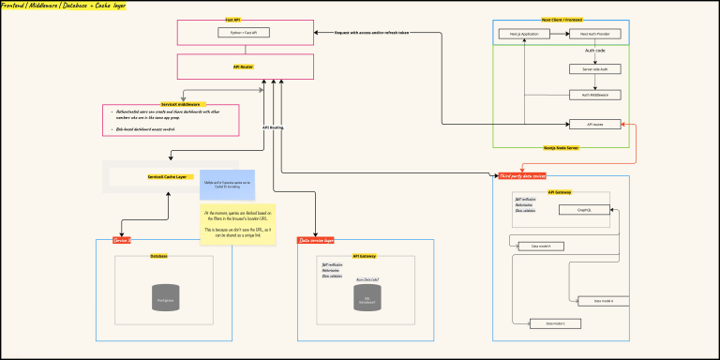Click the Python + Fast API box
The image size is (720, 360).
click(244, 33)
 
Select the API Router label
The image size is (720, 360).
click(244, 67)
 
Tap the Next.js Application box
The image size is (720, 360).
click(522, 33)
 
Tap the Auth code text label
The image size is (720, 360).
click(594, 50)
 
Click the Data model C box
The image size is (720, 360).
click(542, 322)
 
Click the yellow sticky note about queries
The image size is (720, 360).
click(238, 226)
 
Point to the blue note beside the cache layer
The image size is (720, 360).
click(221, 185)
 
